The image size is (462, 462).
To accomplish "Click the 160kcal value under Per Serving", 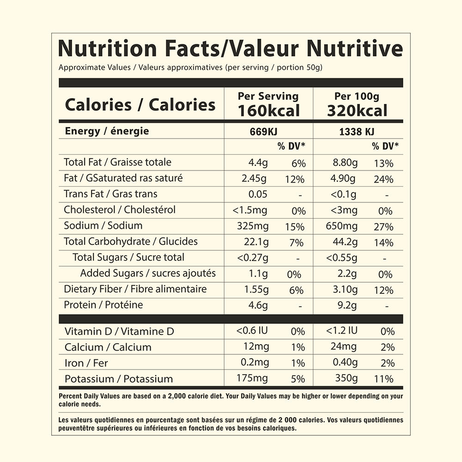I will click(x=268, y=111).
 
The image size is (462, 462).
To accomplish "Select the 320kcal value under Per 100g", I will click(x=357, y=111).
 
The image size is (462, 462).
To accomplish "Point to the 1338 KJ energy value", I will click(x=357, y=132).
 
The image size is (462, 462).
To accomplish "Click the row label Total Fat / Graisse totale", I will click(x=117, y=162).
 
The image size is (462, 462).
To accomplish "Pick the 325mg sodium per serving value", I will click(x=252, y=226).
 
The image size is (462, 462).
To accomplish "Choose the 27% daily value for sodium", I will click(x=383, y=227).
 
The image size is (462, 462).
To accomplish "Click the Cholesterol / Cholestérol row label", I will click(x=120, y=210).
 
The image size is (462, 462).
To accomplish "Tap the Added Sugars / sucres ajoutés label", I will click(x=148, y=273).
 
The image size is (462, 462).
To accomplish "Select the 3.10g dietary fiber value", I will click(x=345, y=290).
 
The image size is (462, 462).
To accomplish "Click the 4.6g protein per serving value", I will click(x=258, y=305).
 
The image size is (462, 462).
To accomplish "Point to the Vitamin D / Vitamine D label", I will click(x=119, y=331).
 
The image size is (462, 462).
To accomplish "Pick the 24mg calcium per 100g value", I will click(x=344, y=346).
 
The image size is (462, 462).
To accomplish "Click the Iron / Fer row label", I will click(x=86, y=363).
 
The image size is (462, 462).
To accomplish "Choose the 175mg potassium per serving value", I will click(x=252, y=378).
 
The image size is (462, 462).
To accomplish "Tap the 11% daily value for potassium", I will click(x=383, y=379).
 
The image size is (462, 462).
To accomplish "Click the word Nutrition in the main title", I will click(x=107, y=49).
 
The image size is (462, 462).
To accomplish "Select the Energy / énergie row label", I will click(x=107, y=131).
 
